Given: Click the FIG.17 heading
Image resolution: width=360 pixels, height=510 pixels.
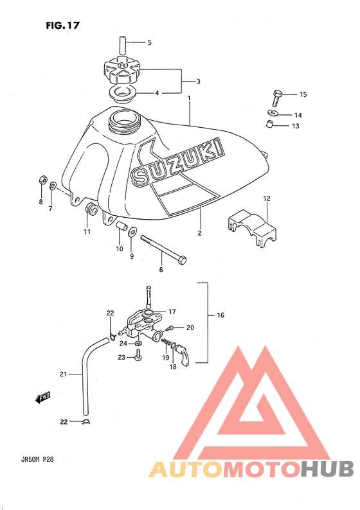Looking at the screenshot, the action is [x=62, y=25].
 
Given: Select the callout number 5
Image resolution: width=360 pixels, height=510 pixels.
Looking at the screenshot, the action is [x=149, y=42].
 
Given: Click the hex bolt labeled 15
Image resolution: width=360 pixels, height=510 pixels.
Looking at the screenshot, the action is [x=276, y=98].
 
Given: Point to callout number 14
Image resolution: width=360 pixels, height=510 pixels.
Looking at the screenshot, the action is [x=298, y=115].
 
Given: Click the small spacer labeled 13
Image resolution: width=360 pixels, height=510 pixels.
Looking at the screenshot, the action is [x=268, y=124].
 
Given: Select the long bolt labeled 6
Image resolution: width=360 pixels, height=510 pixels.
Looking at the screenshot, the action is [x=163, y=249].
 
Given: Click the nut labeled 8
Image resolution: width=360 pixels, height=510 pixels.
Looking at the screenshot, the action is [x=43, y=179].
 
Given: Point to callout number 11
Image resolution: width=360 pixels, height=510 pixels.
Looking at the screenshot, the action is [x=87, y=232].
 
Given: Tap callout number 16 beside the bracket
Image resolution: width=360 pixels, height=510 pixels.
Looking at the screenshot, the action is [x=221, y=315].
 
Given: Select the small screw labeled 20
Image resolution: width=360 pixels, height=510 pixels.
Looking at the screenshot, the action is [x=169, y=328].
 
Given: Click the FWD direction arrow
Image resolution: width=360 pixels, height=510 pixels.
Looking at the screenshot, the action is [x=42, y=397].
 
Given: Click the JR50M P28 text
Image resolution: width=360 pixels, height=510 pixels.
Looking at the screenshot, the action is [x=35, y=459].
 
